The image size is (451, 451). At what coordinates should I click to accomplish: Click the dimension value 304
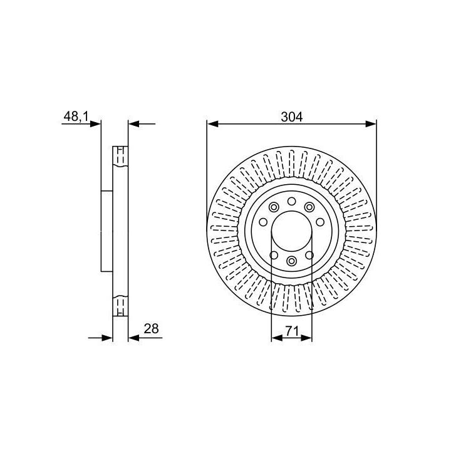coord(292,117)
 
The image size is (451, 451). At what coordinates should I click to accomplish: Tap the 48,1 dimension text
coord(76,117)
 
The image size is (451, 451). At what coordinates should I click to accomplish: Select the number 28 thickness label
coord(151,328)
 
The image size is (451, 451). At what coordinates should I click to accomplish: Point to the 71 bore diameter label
coord(292,331)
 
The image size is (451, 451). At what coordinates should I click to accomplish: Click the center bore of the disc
coord(292,231)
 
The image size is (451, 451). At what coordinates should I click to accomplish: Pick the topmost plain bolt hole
coord(292,201)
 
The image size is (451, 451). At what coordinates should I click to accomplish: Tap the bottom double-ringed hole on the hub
coord(292,261)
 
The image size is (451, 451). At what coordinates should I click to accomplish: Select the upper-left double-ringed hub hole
coord(274,207)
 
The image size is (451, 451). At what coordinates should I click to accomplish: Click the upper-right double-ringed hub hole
coord(309,207)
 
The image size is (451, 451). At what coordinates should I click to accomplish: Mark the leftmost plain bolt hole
coord(263,222)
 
